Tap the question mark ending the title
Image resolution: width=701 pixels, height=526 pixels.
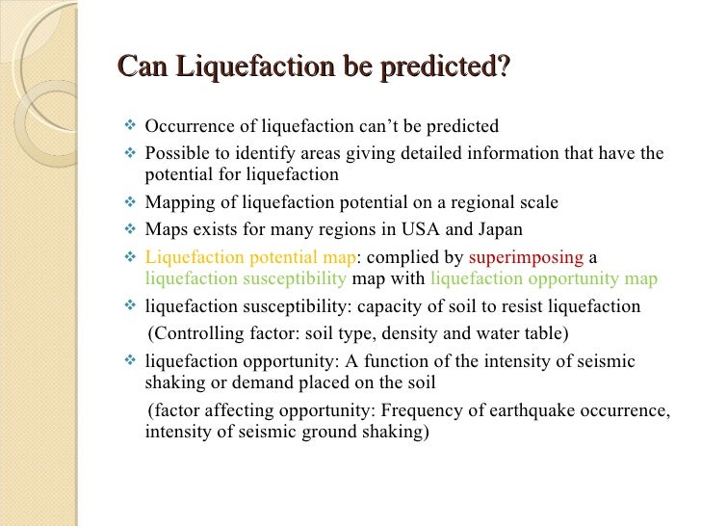(504, 68)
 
